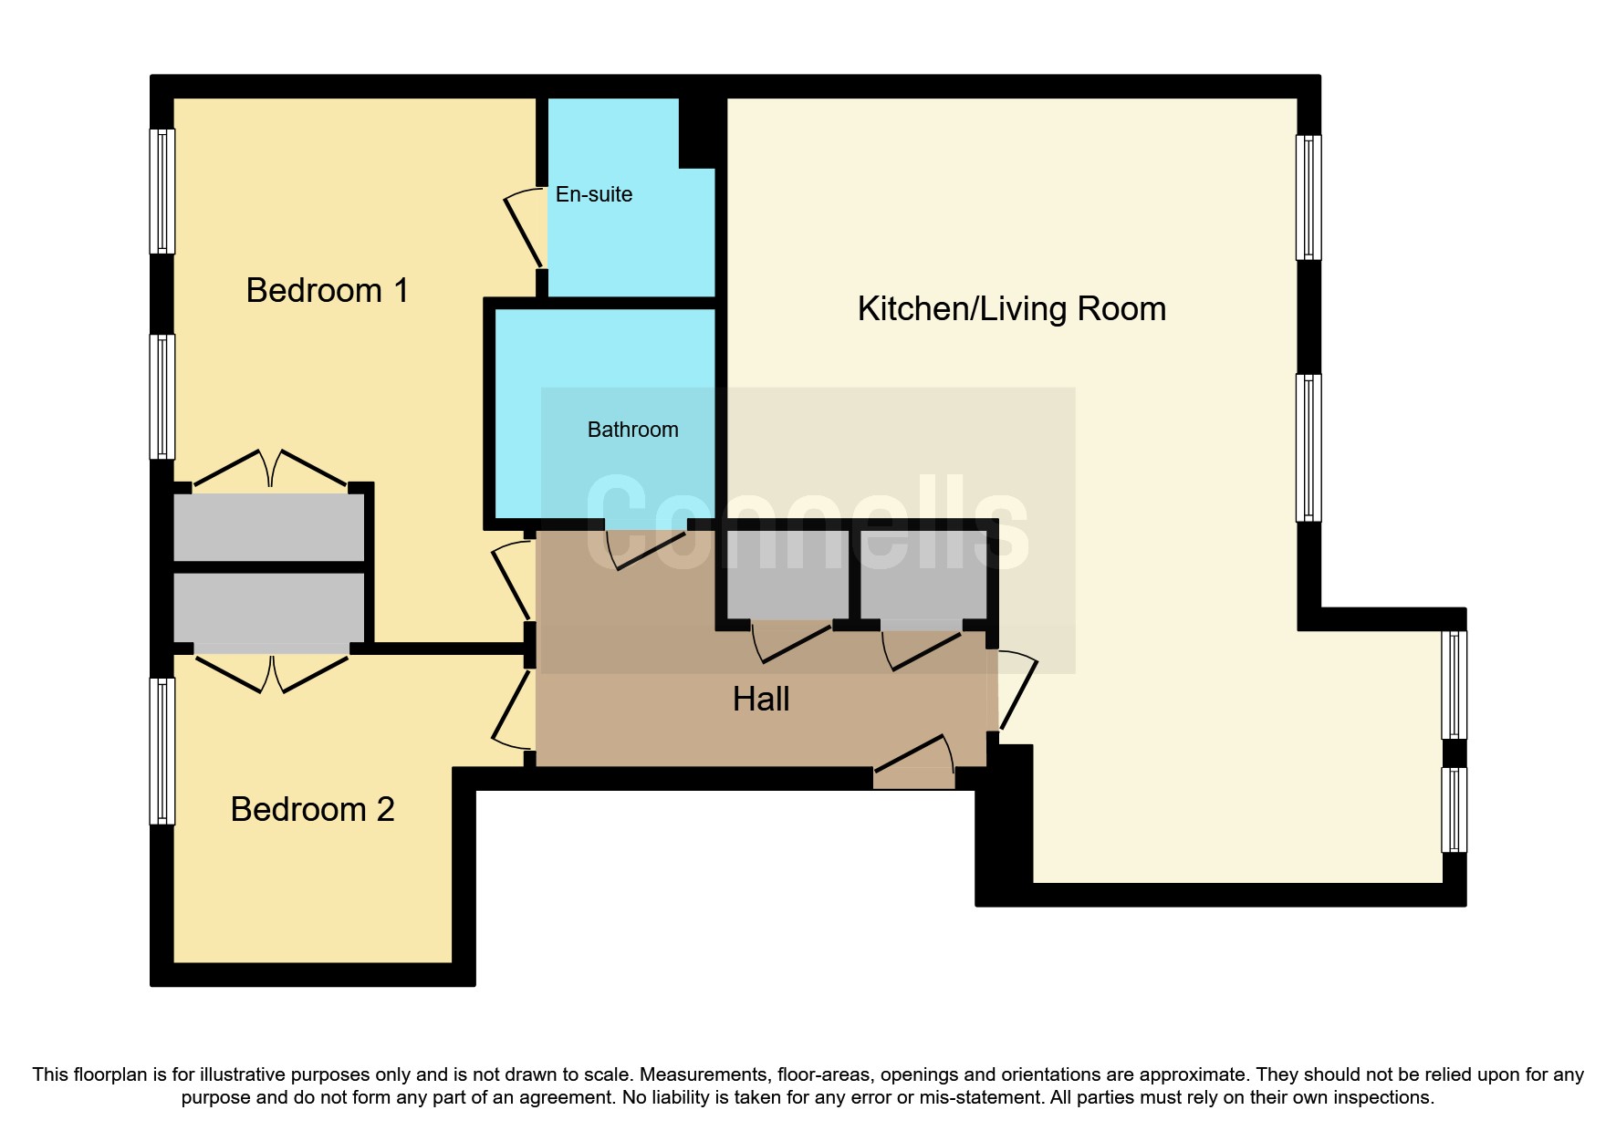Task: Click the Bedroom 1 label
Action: click(x=327, y=290)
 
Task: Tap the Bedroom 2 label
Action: click(x=312, y=809)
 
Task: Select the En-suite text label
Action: click(x=594, y=194)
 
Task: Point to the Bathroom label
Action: click(x=633, y=430)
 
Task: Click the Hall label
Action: click(x=761, y=700)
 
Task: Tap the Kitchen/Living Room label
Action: click(x=1012, y=309)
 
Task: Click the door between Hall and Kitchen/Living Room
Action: click(x=1018, y=690)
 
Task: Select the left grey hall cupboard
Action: click(x=787, y=575)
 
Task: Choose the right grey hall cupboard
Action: click(x=923, y=575)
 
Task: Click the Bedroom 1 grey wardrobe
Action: click(x=269, y=527)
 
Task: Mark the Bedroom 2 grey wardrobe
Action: click(x=269, y=607)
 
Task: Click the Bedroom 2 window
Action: click(x=162, y=751)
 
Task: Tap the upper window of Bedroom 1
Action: click(x=162, y=191)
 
